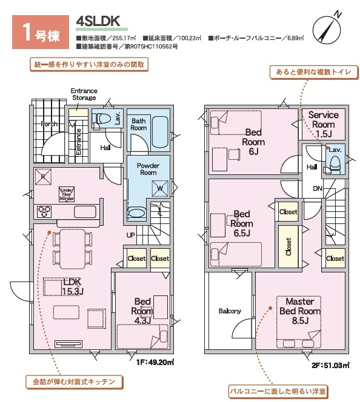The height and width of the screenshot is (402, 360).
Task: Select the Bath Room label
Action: click(139, 124)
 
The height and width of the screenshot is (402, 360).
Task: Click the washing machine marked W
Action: click(161, 188)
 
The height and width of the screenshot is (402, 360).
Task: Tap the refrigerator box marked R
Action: click(42, 177)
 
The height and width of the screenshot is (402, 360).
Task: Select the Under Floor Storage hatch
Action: click(66, 194)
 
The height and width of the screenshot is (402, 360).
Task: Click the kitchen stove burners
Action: click(44, 212)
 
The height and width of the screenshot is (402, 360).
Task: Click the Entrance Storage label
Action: click(84, 94)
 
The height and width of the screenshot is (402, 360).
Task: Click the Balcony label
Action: click(230, 311)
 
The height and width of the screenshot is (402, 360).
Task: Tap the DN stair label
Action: click(317, 188)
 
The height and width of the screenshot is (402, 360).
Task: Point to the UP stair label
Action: click(130, 235)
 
